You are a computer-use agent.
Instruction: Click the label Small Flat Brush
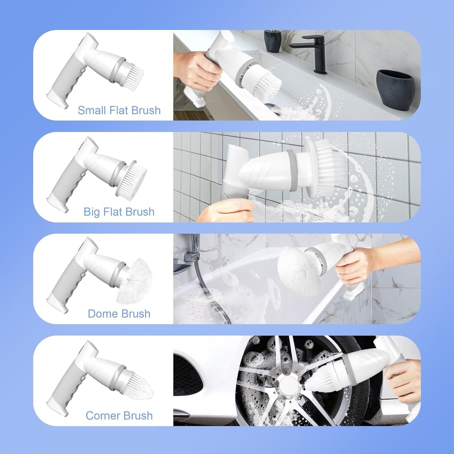119,110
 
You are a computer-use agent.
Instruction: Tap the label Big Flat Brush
119,212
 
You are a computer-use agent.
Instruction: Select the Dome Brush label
119,314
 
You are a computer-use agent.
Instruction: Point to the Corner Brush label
119,416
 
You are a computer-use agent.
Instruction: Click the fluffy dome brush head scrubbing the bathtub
297,270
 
